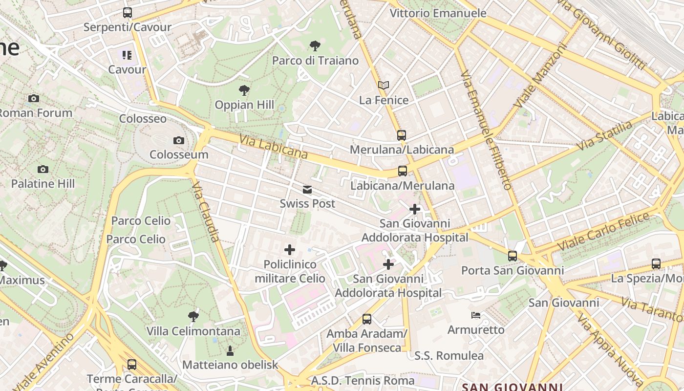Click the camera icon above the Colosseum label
click(x=179, y=141)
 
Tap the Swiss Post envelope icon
click(x=307, y=190)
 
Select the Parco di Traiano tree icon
click(x=315, y=46)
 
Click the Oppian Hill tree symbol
click(x=244, y=90)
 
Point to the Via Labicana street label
click(x=273, y=147)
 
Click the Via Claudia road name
click(x=206, y=212)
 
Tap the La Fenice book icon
click(x=384, y=86)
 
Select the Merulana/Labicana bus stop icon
click(x=402, y=135)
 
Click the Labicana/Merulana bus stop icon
click(x=403, y=171)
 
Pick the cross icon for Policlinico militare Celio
click(x=290, y=250)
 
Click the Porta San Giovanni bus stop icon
click(x=512, y=256)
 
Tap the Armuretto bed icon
click(x=476, y=315)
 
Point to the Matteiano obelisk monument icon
click(x=230, y=350)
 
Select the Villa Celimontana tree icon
click(x=193, y=317)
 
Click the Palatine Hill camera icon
click(x=43, y=170)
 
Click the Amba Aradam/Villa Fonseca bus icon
click(x=367, y=319)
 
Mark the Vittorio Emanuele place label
click(x=438, y=13)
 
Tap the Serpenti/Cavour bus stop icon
click(x=127, y=13)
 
